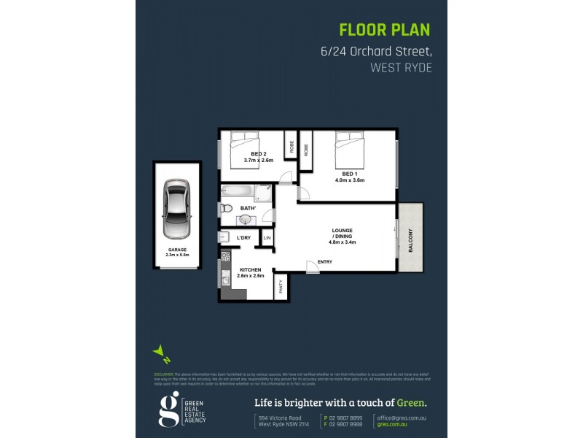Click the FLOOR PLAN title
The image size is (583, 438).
(385, 30)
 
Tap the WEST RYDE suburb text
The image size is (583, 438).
(402, 67)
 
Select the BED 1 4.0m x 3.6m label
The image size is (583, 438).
(349, 177)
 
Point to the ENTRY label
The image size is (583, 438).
(325, 262)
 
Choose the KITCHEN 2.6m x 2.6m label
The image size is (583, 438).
(250, 272)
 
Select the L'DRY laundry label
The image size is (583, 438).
(244, 238)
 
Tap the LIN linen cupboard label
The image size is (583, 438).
(267, 238)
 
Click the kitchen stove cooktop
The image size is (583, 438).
(226, 256)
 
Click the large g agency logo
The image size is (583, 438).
(168, 409)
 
